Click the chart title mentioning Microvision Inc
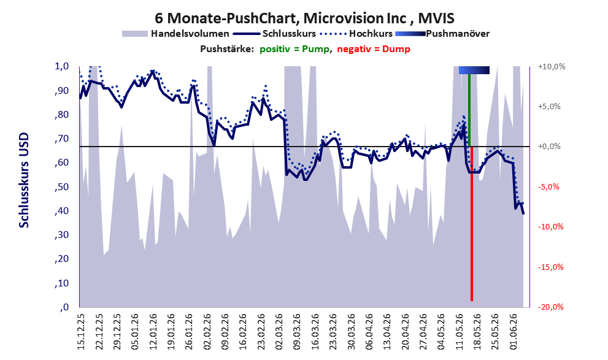coord(304,18)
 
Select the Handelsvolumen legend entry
coord(175,34)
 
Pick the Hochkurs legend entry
coord(356,34)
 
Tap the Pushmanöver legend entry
coord(442,34)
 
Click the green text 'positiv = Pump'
coord(295,49)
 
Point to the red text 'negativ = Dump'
coord(374,49)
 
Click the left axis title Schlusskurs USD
coord(24,180)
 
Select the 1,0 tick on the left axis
coord(61,66)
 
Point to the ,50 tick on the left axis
coord(61,187)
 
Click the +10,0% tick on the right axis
coord(552,67)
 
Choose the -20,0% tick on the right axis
coord(551,307)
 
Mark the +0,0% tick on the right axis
coord(549,147)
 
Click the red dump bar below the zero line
coord(472,224)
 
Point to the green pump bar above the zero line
coord(469,110)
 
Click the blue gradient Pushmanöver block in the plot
coord(474,70)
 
